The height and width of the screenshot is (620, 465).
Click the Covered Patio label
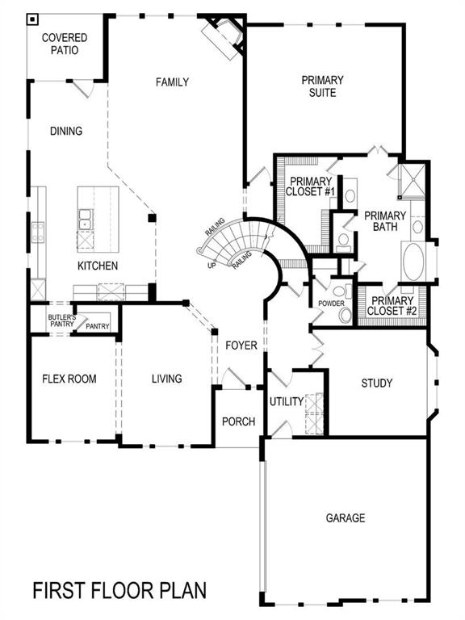(x=65, y=44)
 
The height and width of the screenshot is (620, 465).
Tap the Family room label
(x=172, y=82)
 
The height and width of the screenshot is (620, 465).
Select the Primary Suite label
(x=322, y=86)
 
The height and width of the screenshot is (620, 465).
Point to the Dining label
(x=66, y=131)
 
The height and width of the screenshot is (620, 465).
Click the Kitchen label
(x=98, y=266)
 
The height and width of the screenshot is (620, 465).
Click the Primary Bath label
(x=384, y=221)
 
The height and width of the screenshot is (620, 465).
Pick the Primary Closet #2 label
(x=392, y=305)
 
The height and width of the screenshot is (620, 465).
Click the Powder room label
(x=332, y=304)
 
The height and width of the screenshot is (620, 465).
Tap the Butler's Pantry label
(x=61, y=320)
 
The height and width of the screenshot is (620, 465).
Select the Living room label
(x=166, y=379)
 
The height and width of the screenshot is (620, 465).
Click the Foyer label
(x=241, y=346)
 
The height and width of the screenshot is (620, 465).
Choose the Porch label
(x=238, y=421)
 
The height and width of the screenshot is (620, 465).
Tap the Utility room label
(x=286, y=401)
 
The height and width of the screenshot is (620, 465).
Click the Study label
(x=377, y=383)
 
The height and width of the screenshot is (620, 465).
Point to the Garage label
(x=346, y=517)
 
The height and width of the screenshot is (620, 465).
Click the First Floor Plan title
(x=119, y=590)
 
